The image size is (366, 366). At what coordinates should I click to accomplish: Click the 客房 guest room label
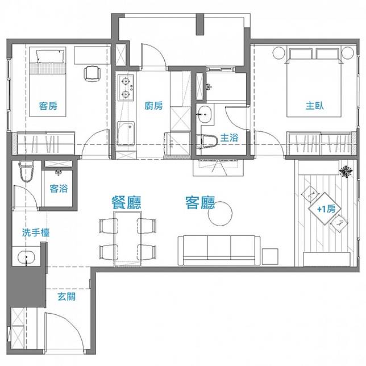coord(48,106)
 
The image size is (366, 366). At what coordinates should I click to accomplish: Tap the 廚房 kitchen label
coord(154,106)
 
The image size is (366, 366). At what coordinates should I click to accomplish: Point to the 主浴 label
coord(229,137)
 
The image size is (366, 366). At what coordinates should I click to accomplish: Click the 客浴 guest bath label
coord(59,188)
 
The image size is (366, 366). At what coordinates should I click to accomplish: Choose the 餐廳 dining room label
coord(126,202)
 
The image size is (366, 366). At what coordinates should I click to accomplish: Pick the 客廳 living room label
coord(200,202)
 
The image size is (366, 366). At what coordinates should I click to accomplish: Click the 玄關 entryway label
coord(66,297)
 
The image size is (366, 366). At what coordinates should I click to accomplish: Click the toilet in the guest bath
coord(26,171)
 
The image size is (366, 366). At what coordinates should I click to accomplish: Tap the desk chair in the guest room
coord(91,74)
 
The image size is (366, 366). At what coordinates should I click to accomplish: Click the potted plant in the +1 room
coord(345,170)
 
